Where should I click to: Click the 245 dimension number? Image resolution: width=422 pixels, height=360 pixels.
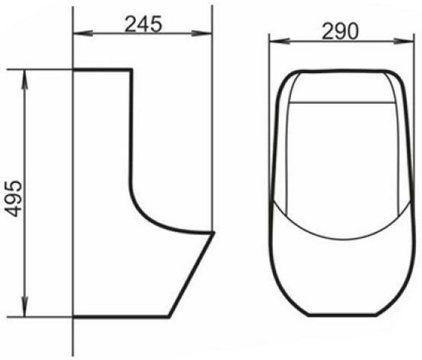click(144, 24)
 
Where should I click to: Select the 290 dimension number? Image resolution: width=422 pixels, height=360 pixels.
click(340, 31)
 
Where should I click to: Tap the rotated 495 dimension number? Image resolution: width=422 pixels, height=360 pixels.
click(14, 199)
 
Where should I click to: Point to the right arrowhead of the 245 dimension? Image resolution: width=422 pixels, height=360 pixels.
click(202, 33)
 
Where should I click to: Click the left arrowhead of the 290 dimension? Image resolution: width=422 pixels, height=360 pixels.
click(279, 41)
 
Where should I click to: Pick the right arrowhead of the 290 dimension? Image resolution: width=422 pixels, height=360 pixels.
click(403, 41)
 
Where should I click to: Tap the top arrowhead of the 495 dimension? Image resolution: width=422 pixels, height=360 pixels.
click(25, 80)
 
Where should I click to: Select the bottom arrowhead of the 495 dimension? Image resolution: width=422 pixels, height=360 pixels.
click(25, 307)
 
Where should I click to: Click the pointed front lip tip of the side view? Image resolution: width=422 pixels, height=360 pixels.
click(214, 232)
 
